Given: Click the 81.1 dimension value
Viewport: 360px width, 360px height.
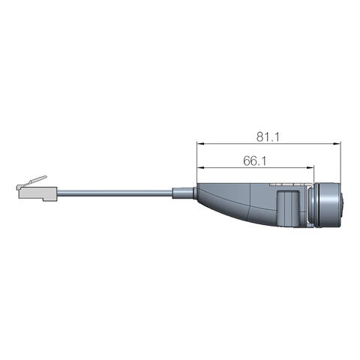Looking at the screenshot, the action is pyautogui.click(x=268, y=137).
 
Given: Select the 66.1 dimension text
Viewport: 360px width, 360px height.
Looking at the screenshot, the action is pyautogui.click(x=255, y=161).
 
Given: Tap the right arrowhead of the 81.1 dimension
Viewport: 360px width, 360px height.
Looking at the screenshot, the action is pyautogui.click(x=337, y=143).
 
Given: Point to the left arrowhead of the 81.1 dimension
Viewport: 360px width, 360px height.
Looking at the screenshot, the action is pyautogui.click(x=200, y=143).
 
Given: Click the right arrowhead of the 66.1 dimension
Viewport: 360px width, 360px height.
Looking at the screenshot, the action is pyautogui.click(x=310, y=167).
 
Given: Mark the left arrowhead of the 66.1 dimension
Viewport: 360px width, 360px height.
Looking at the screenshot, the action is pyautogui.click(x=201, y=167).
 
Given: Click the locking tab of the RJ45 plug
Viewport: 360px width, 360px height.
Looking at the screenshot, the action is pyautogui.click(x=35, y=181).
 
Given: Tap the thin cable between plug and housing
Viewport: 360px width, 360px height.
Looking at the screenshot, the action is pyautogui.click(x=115, y=192).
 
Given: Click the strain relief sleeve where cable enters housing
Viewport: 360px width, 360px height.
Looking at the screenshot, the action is pyautogui.click(x=183, y=192).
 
